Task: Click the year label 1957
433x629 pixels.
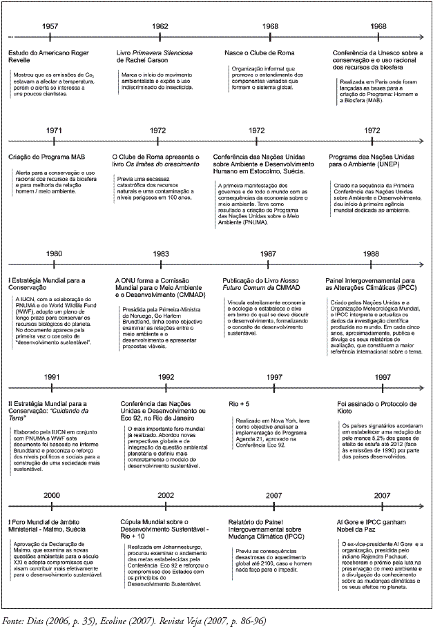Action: [50, 26]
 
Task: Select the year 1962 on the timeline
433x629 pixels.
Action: [160, 26]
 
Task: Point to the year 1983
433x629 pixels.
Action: [161, 234]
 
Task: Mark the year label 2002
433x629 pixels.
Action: [165, 495]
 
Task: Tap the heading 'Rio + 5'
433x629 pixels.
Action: [239, 403]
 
